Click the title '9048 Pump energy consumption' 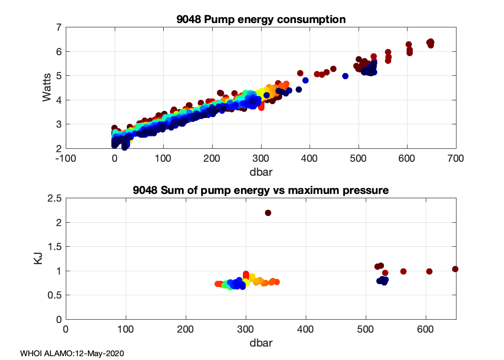click(x=261, y=20)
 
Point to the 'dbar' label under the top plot click(x=261, y=170)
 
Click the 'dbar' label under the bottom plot click(x=261, y=343)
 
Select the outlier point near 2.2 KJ click(x=268, y=213)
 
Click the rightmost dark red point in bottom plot click(x=455, y=269)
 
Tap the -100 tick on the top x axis click(x=66, y=158)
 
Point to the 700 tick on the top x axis click(x=456, y=158)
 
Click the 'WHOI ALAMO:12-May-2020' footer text click(x=72, y=353)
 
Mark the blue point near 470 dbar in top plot click(x=345, y=76)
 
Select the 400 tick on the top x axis click(x=310, y=158)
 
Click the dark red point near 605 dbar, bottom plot click(x=429, y=271)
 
